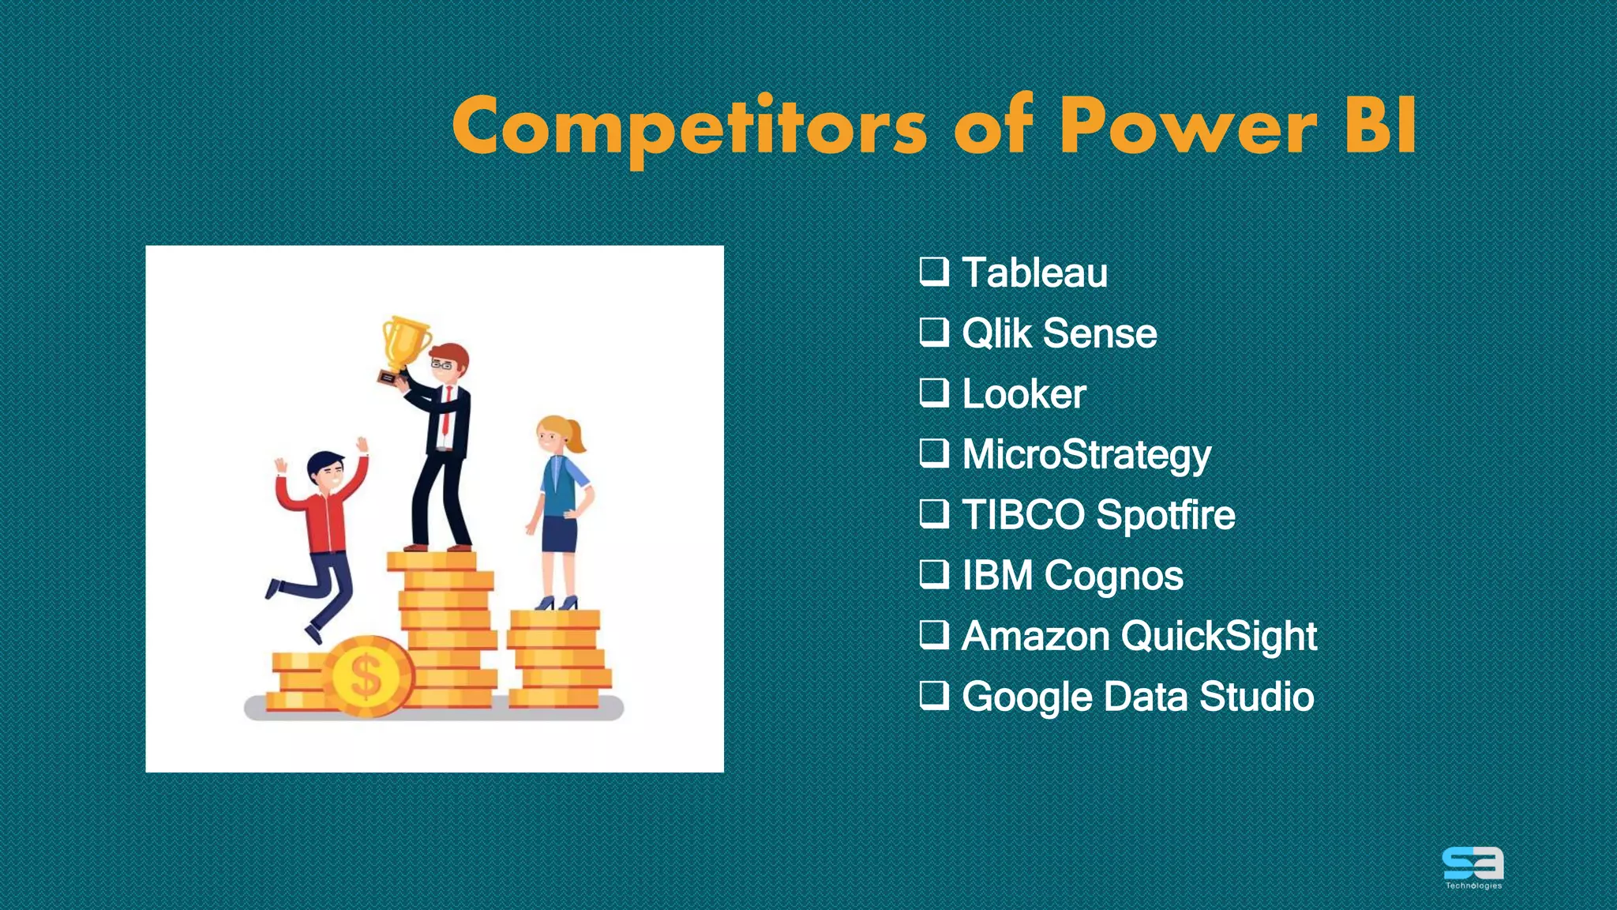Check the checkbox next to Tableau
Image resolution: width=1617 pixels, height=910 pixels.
(x=934, y=271)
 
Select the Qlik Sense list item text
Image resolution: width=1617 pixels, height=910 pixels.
(x=1059, y=333)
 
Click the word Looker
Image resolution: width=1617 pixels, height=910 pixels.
(x=1023, y=393)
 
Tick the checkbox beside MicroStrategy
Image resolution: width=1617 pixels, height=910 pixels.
(x=934, y=453)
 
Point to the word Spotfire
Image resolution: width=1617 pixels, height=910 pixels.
(x=1165, y=515)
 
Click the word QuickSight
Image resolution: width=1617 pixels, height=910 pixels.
(x=1218, y=636)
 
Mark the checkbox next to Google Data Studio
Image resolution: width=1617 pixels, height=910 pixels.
(x=934, y=695)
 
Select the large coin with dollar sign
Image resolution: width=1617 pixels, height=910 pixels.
(x=366, y=676)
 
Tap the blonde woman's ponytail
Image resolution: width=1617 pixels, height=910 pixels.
(x=576, y=437)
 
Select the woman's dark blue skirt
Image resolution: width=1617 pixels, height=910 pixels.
(x=559, y=534)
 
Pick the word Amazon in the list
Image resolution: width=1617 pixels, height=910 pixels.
(x=1035, y=636)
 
